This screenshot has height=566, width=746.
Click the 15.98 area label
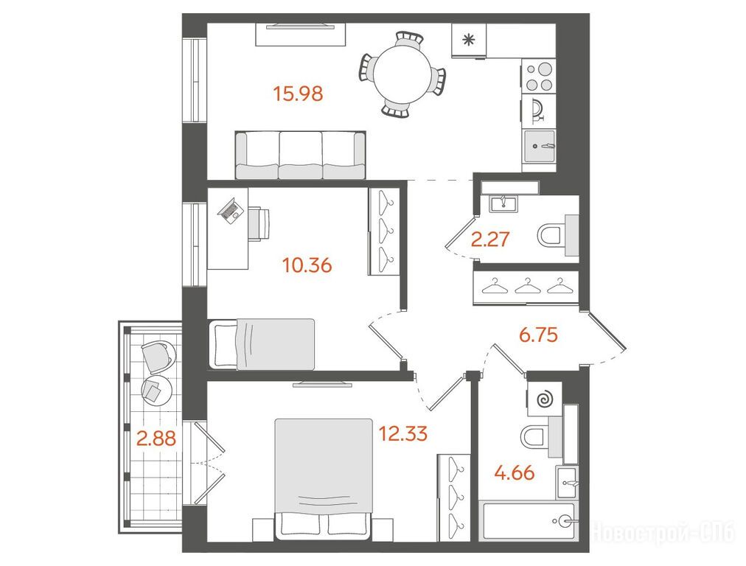click(299, 93)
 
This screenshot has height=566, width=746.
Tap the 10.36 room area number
click(307, 265)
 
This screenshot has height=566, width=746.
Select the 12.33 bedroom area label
click(403, 433)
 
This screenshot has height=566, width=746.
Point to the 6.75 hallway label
click(538, 335)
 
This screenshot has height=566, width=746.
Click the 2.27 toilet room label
click(490, 239)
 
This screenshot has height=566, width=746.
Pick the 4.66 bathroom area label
click(515, 473)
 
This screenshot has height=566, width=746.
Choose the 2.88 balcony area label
click(156, 438)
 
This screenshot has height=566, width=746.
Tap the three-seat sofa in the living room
click(301, 156)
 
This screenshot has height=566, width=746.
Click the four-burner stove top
click(539, 76)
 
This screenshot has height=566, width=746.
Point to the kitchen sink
click(540, 146)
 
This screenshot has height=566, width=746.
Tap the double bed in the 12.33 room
click(324, 479)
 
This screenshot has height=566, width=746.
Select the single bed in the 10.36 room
click(262, 344)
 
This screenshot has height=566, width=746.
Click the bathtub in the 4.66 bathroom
click(529, 520)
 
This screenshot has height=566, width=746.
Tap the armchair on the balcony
click(158, 357)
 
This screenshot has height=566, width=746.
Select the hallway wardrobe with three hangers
click(526, 287)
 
